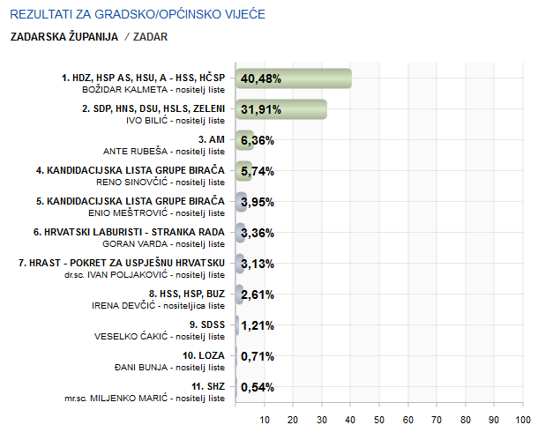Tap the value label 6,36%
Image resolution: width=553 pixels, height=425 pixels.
tap(258, 140)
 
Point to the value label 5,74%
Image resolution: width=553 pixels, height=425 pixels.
tap(258, 171)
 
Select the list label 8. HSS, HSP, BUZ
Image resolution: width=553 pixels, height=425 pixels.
tap(187, 294)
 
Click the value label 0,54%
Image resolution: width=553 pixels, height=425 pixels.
tap(258, 387)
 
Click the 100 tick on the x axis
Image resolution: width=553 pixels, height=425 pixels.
tap(523, 419)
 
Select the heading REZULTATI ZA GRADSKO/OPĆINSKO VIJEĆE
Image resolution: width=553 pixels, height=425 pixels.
tap(137, 16)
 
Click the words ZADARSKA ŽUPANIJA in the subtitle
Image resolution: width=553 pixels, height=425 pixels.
tap(64, 37)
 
